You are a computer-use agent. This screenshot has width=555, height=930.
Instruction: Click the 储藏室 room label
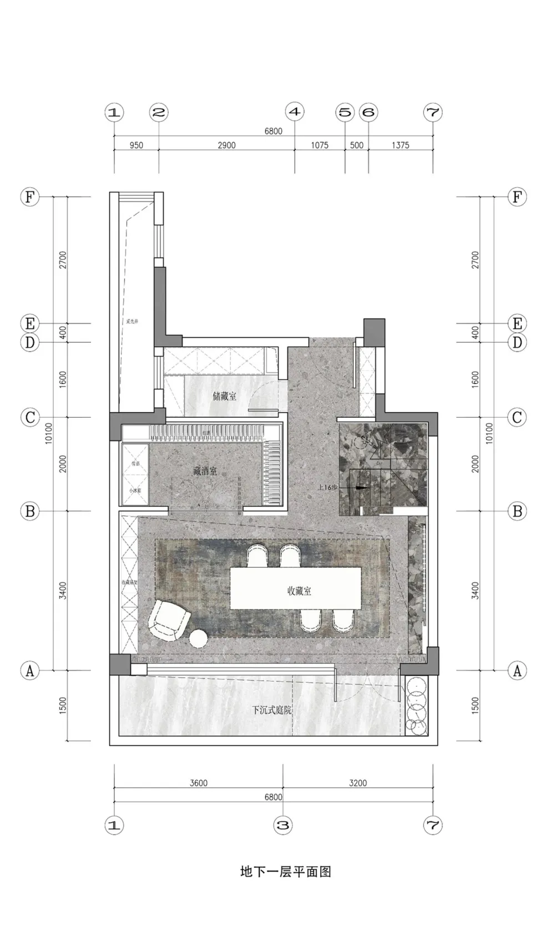pos(225,397)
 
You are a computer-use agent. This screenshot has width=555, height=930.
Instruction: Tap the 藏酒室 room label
pos(205,471)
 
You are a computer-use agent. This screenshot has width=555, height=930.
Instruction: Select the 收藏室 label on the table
pos(299,591)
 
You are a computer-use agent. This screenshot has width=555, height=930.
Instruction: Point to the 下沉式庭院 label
pos(271,710)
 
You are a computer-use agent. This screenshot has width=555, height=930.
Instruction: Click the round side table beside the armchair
pos(199,638)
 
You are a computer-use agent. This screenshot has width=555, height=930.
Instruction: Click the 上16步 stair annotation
pos(327,487)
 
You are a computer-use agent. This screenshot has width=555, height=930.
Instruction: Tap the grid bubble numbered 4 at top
pos(295,112)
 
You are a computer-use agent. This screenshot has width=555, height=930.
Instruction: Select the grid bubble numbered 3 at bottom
pos(283,826)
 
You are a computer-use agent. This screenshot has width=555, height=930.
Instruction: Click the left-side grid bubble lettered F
pos(30,197)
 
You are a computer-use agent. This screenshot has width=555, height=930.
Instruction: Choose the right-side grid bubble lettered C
pos(517,417)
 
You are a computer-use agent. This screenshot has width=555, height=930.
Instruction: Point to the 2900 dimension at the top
pos(226,146)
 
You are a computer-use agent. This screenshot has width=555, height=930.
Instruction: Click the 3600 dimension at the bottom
pos(198,783)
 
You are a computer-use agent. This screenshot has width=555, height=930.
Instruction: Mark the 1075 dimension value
pos(319,146)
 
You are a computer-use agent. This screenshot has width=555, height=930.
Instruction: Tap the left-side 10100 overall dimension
pos(49,433)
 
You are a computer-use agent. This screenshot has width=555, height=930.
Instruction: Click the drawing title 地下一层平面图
pos(285,872)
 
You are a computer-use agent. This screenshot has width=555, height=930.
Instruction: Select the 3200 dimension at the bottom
pos(358,783)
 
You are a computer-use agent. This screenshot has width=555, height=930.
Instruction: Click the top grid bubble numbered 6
pos(369,112)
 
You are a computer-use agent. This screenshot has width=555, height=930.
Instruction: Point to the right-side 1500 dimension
pos(475,706)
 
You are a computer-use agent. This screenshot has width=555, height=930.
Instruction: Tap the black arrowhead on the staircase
pos(361,488)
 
